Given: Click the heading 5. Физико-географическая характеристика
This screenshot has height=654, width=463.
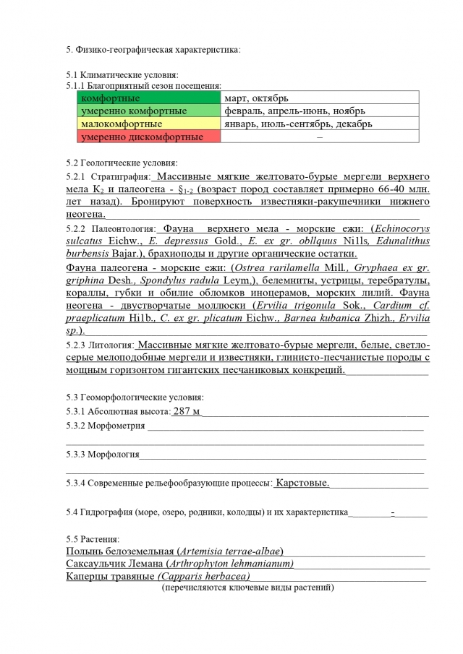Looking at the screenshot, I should click(153, 49).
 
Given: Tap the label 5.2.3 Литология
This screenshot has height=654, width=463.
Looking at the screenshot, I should click(100, 345).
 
